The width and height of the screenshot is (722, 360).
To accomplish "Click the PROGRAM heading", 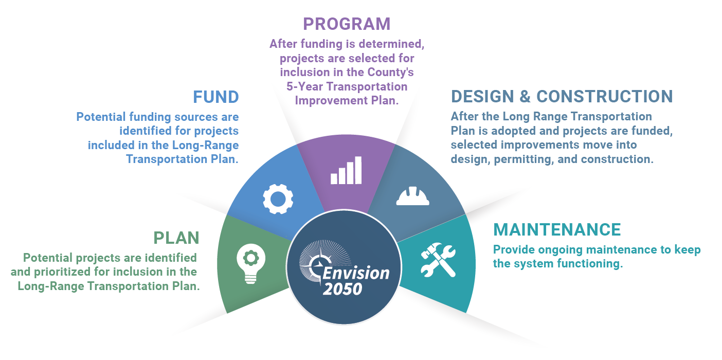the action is tap(347, 24).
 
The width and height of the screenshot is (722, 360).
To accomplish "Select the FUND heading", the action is tap(216, 97).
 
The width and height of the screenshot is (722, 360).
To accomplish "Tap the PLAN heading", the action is tap(176, 238).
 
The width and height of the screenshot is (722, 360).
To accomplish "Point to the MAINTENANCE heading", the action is tap(557, 230).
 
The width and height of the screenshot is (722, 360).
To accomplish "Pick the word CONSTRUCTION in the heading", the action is tap(605, 97).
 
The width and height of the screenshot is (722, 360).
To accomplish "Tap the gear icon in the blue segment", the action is tap(278, 199).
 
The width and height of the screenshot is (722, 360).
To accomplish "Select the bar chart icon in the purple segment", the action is tap(346, 171).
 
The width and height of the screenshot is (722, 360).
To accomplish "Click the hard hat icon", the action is tap(412, 196).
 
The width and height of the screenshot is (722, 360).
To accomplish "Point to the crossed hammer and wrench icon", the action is tap(438, 260).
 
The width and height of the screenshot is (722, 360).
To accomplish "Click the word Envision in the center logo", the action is tap(356, 274).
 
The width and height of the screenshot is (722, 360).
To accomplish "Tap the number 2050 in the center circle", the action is tap(342, 289).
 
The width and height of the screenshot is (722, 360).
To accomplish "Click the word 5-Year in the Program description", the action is tap(304, 87).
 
